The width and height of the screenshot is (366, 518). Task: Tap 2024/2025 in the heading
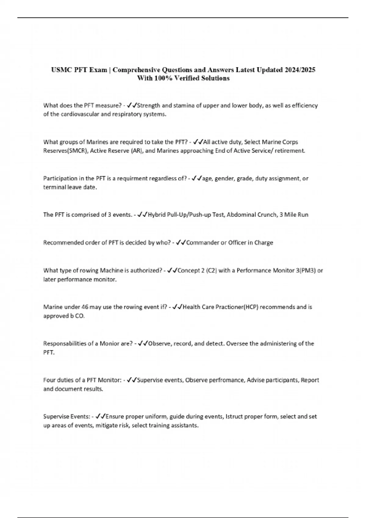coord(300,70)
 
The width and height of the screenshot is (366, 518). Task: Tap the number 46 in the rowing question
coord(85,307)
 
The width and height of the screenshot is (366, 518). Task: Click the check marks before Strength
coord(132,105)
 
